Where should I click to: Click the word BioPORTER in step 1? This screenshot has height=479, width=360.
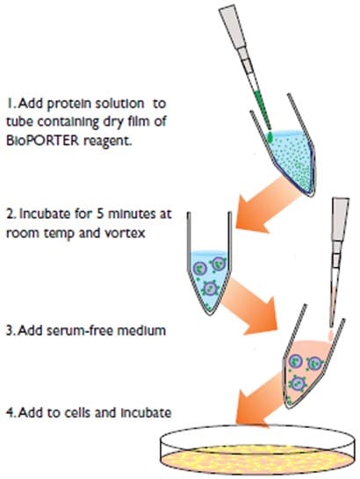(x=42, y=141)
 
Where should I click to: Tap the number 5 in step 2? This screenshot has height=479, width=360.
(x=100, y=214)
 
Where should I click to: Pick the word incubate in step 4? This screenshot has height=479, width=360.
(x=146, y=413)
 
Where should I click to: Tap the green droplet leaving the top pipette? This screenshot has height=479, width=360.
(x=270, y=137)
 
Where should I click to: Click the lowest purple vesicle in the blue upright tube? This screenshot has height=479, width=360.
(x=210, y=288)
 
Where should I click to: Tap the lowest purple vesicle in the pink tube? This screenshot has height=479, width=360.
(x=298, y=384)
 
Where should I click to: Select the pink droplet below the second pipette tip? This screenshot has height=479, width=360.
(x=331, y=334)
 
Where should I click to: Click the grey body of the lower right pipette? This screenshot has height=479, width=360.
(x=340, y=220)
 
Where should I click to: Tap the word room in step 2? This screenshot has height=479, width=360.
(x=22, y=233)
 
